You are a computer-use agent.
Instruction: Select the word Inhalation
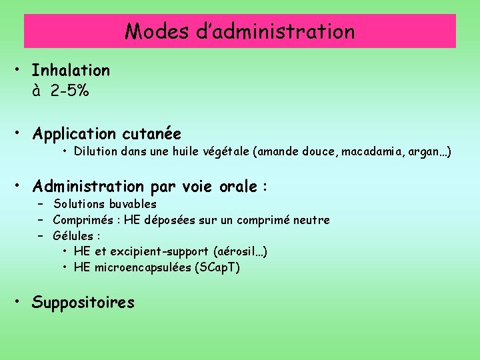71,70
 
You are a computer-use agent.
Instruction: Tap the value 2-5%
69,91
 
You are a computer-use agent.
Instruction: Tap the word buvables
132,204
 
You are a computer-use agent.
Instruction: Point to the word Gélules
73,236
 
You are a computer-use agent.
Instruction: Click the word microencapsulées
149,267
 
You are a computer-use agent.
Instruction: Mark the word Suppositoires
83,303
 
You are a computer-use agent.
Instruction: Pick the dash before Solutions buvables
40,204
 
